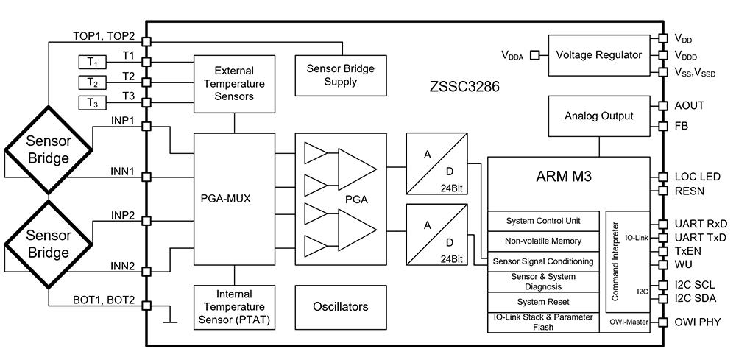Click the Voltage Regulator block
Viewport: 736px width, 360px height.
pyautogui.click(x=599, y=55)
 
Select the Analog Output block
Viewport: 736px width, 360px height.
pyautogui.click(x=599, y=116)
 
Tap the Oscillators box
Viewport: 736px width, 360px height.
pyautogui.click(x=340, y=307)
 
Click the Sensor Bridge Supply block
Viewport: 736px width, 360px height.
pyautogui.click(x=340, y=75)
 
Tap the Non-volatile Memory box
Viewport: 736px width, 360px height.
pyautogui.click(x=543, y=241)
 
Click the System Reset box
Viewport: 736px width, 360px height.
pyautogui.click(x=543, y=302)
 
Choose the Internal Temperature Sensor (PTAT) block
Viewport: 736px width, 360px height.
pyautogui.click(x=234, y=308)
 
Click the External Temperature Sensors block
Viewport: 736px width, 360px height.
pyautogui.click(x=234, y=84)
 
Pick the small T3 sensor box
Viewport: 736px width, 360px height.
pyautogui.click(x=93, y=102)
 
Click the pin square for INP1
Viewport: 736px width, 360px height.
pyautogui.click(x=146, y=127)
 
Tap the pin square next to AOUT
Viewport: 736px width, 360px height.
pyautogui.click(x=663, y=106)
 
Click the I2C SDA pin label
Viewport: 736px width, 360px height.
pyautogui.click(x=696, y=297)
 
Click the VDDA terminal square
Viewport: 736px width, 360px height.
pyautogui.click(x=534, y=56)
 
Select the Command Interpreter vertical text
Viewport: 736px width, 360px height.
pyautogui.click(x=616, y=261)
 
